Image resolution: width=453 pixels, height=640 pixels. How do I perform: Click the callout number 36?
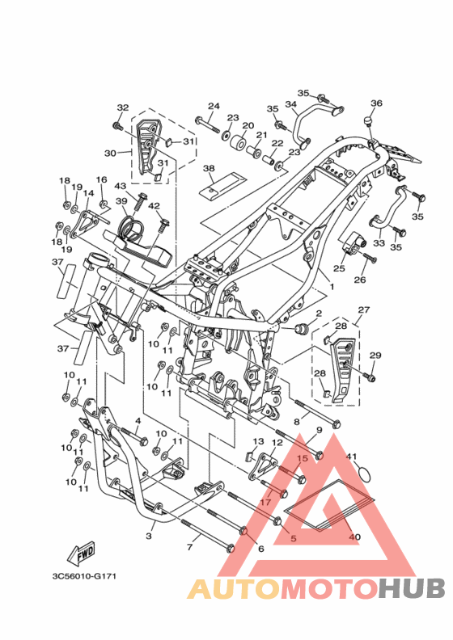(376, 103)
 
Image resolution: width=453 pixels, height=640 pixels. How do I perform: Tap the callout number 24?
(214, 106)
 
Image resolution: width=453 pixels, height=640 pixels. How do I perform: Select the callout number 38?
(209, 168)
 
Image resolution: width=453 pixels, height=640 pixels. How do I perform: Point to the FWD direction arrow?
(81, 553)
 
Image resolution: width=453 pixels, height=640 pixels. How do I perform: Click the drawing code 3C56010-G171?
(84, 576)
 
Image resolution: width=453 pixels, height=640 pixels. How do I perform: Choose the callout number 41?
(351, 456)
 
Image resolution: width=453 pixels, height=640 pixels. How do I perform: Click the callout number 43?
(120, 186)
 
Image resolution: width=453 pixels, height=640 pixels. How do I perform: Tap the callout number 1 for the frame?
(332, 287)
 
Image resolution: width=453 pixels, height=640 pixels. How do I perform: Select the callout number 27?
(364, 309)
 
